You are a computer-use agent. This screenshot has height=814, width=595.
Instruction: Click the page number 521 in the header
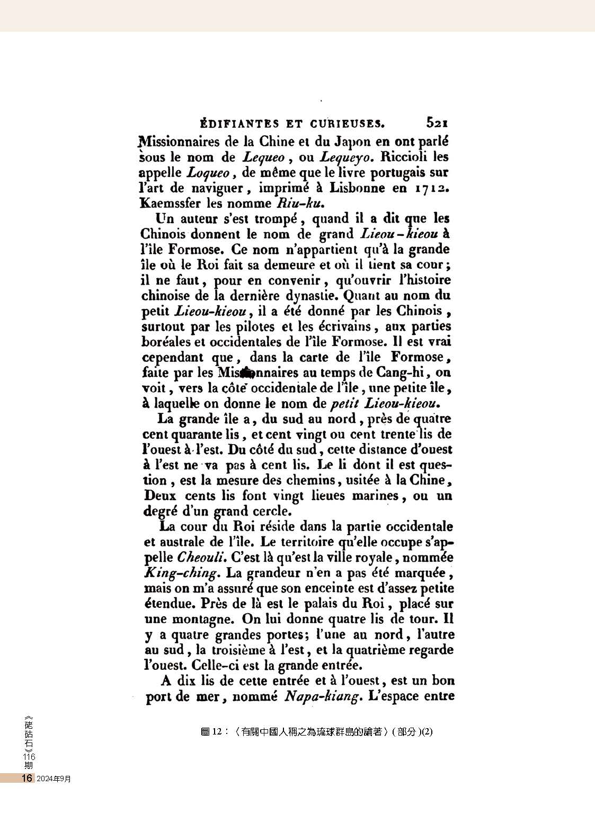point(437,123)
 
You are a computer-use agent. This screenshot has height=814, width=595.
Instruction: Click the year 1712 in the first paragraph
point(431,188)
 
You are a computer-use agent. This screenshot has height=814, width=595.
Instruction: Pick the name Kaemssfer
point(171,203)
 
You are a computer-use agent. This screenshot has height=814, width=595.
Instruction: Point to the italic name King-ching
point(181,573)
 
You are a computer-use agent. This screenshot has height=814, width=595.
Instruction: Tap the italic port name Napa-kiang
point(321,696)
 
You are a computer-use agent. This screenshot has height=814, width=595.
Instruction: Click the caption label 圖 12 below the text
point(211,732)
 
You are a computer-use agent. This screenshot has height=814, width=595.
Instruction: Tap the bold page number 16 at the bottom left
point(26,778)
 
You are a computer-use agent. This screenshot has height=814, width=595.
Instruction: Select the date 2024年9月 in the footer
point(54,778)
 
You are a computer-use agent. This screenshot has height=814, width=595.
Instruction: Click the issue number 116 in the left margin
point(29,757)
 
